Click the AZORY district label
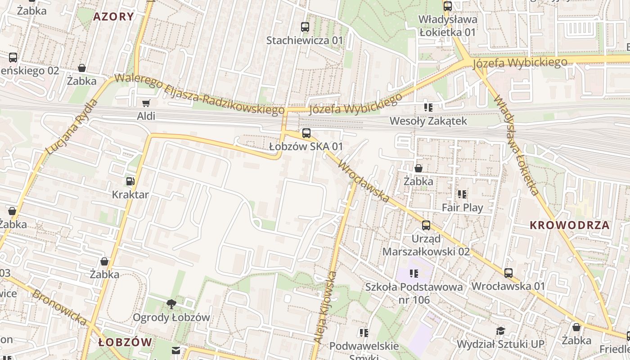113,17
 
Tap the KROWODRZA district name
569,225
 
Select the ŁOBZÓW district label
125,342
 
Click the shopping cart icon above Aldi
146,103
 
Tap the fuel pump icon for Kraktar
130,181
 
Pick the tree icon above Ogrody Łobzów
171,304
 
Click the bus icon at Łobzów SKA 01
306,133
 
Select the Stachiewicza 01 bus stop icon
305,27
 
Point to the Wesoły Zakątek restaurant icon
428,108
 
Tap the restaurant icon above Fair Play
462,194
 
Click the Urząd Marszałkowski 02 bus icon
426,225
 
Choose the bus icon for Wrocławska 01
508,273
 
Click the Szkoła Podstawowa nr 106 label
414,293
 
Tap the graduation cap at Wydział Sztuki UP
500,331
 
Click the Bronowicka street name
59,308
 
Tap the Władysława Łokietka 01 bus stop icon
447,6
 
